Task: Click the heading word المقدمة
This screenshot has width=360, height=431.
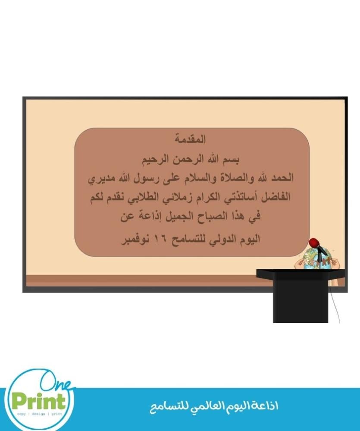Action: tap(190, 139)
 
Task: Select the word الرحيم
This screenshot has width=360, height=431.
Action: tap(155, 159)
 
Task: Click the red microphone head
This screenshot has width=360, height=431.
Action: tap(314, 243)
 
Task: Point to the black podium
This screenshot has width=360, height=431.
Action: tap(301, 296)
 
